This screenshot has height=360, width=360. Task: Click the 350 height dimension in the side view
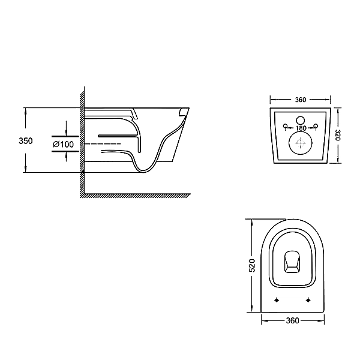[x=25, y=140]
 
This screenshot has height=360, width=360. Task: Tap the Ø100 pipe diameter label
[x=62, y=145]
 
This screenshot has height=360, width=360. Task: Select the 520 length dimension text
[x=252, y=265]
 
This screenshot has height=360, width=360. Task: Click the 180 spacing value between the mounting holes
[x=301, y=128]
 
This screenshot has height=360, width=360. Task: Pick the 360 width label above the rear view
[x=301, y=100]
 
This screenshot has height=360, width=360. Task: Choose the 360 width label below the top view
[x=292, y=321]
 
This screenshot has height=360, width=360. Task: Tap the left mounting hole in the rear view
[x=286, y=126]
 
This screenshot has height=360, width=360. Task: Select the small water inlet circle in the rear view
[x=301, y=118]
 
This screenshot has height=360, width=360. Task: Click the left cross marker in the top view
[x=277, y=299]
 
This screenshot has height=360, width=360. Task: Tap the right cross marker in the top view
[x=308, y=299]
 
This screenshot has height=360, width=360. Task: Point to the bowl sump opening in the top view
[x=292, y=260]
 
